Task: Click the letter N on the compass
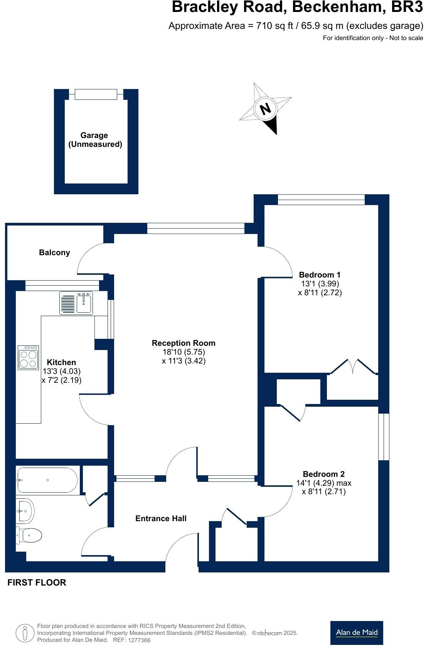tap(266, 109)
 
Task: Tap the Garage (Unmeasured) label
tap(95, 140)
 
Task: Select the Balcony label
tap(54, 252)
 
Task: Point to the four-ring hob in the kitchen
tap(28, 357)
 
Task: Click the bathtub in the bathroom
tap(47, 480)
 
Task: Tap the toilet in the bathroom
tap(30, 535)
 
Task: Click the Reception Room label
tap(183, 343)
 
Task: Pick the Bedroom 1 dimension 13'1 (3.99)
tap(320, 284)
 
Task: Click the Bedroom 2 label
tap(323, 474)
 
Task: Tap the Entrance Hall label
tap(161, 518)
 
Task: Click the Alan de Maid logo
tap(357, 633)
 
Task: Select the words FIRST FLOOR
tap(37, 582)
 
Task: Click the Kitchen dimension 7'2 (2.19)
tap(62, 380)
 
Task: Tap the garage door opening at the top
tap(96, 94)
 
